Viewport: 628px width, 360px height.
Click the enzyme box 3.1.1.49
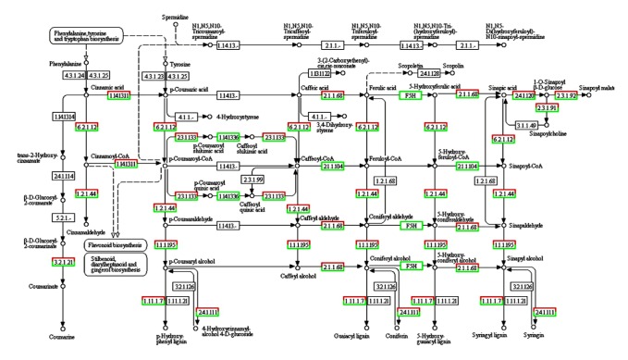pos(527,125)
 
